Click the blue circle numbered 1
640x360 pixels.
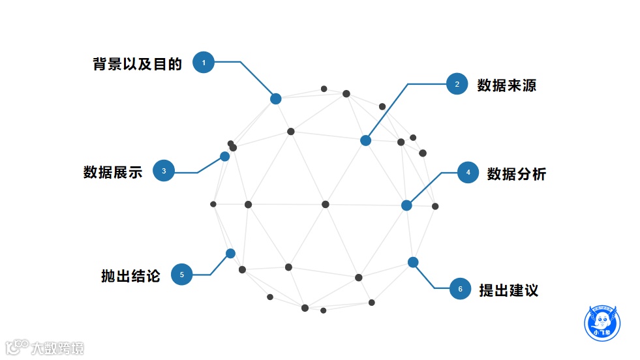click(x=204, y=63)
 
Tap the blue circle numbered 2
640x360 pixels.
click(x=457, y=84)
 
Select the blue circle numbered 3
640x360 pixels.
click(x=164, y=171)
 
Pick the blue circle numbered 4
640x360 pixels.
click(x=468, y=173)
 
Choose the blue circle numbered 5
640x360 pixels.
click(x=182, y=275)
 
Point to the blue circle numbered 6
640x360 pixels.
click(x=460, y=289)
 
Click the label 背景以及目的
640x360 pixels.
click(x=137, y=64)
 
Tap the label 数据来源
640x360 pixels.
click(x=507, y=85)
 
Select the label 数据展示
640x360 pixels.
click(x=113, y=172)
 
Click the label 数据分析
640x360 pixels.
click(x=517, y=174)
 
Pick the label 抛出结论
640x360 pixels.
click(x=130, y=276)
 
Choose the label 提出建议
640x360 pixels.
click(x=509, y=290)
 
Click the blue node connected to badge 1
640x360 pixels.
click(x=276, y=99)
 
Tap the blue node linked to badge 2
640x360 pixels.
click(x=366, y=140)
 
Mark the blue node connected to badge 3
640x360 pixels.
click(x=225, y=157)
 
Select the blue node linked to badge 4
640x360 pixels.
click(x=406, y=205)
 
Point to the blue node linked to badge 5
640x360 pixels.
click(x=230, y=253)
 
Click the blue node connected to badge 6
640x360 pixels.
click(x=413, y=262)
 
